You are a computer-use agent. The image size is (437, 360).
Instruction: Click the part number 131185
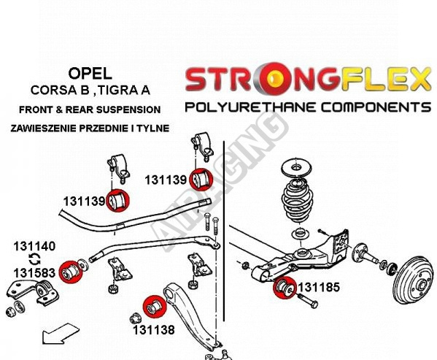coord(319,287)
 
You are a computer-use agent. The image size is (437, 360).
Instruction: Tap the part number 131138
coord(153,330)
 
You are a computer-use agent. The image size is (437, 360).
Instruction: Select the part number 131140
coord(34,246)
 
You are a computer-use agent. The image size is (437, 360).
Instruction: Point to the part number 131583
coord(34,273)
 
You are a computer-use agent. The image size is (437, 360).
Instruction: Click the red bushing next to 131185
coord(285,287)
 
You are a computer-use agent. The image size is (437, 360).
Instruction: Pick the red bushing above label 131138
coord(155,307)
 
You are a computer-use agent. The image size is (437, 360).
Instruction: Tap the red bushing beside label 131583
coord(71,272)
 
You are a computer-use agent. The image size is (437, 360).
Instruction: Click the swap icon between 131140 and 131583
coord(35,259)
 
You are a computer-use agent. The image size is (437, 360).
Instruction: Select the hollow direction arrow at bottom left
coord(60,334)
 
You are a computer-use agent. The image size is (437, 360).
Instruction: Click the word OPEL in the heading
coord(90,74)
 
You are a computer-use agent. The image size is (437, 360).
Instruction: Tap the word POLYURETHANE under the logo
coord(250,107)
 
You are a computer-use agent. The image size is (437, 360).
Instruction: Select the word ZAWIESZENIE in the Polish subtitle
coord(43,129)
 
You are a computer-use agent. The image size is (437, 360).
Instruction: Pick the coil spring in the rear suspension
coord(298,201)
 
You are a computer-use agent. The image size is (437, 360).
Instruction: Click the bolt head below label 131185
coord(314,305)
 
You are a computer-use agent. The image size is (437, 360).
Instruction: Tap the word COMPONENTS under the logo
coord(376,107)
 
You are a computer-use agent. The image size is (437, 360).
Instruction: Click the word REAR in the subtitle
coord(77,110)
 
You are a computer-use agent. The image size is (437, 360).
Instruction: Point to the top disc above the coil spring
coord(296,168)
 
